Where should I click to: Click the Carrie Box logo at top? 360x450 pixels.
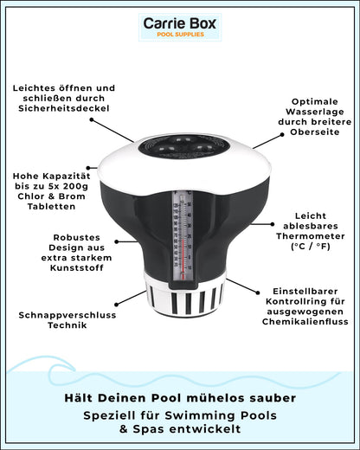coord(179,28)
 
